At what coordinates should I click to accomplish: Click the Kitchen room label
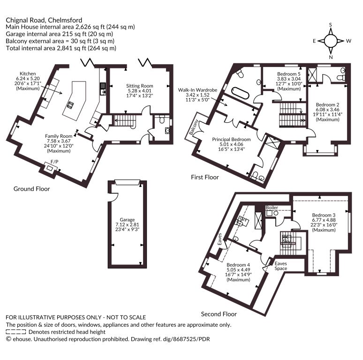click(x=28, y=74)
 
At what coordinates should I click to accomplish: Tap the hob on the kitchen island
click(x=70, y=105)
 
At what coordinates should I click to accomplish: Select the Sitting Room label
click(x=140, y=86)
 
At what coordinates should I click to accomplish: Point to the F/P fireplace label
click(x=54, y=162)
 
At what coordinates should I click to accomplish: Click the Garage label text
click(x=127, y=220)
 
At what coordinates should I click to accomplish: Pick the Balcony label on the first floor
click(x=194, y=127)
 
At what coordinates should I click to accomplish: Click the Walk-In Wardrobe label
click(x=197, y=90)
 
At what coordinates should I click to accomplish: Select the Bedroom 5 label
click(x=289, y=74)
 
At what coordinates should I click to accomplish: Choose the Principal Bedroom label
click(x=231, y=140)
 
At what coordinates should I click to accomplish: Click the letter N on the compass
click(x=331, y=57)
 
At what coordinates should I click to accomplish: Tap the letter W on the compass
click(x=348, y=41)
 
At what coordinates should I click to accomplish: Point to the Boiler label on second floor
click(x=272, y=208)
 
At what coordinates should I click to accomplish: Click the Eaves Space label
click(x=281, y=266)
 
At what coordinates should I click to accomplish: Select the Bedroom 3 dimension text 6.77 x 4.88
click(x=324, y=220)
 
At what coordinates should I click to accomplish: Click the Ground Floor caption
click(x=32, y=189)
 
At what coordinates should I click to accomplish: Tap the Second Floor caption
click(x=219, y=314)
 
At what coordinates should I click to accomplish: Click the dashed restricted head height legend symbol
click(x=16, y=332)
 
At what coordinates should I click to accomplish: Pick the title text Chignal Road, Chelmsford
click(x=44, y=20)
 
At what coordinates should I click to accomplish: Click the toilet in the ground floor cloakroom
click(x=162, y=119)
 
